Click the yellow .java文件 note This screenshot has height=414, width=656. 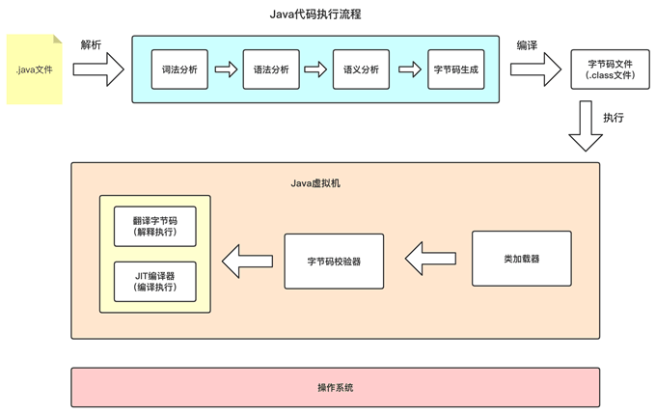click(35, 69)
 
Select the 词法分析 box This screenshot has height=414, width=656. click(179, 69)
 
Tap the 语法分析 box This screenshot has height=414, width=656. click(271, 69)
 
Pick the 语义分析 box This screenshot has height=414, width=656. click(363, 69)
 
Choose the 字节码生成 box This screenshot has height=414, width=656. click(456, 69)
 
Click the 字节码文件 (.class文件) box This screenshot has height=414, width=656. click(603, 69)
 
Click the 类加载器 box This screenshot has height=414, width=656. click(521, 259)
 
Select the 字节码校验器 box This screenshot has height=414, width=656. click(334, 261)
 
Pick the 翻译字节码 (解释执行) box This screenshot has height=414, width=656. click(155, 227)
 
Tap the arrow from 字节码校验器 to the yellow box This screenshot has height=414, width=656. click(247, 259)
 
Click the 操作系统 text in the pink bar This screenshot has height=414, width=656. click(335, 387)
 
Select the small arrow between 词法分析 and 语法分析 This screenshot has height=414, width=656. click(226, 69)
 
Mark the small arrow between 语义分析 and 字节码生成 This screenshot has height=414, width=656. click(410, 69)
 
